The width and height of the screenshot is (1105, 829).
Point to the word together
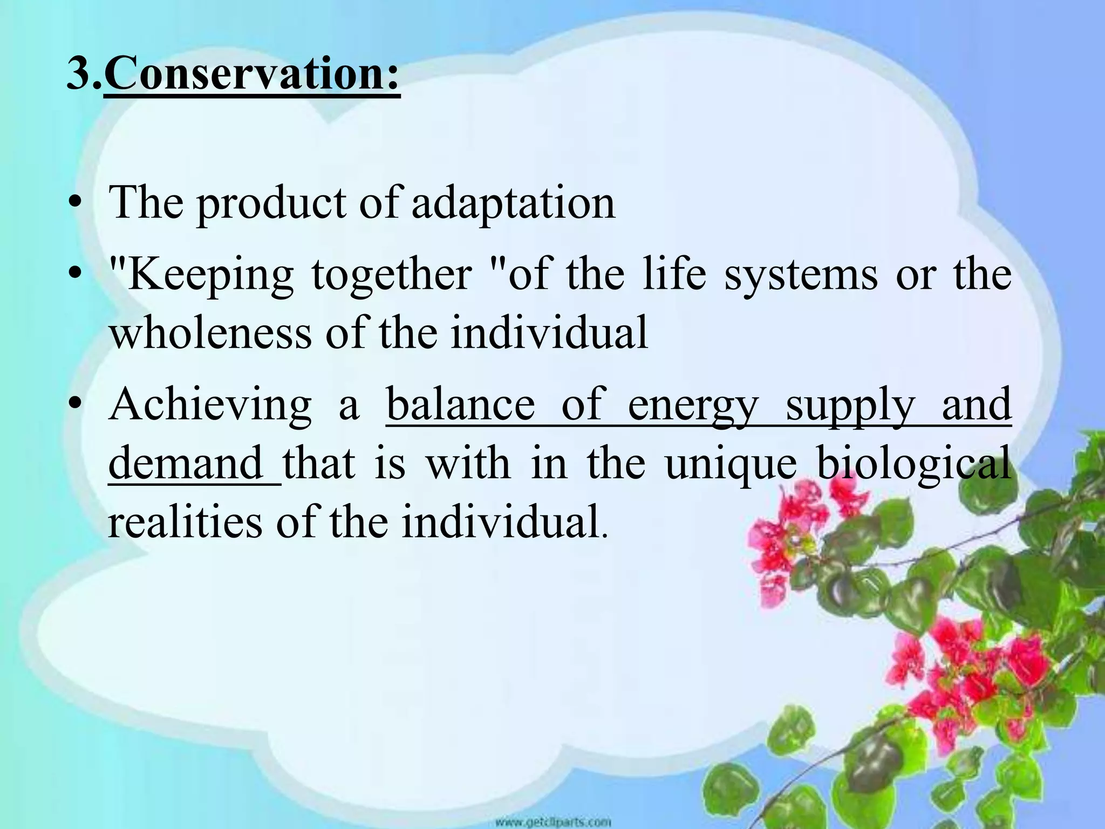pos(392,275)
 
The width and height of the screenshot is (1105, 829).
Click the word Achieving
pos(210,405)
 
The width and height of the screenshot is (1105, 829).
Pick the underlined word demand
pos(186,463)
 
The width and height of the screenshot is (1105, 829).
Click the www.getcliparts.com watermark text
pos(553,822)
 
